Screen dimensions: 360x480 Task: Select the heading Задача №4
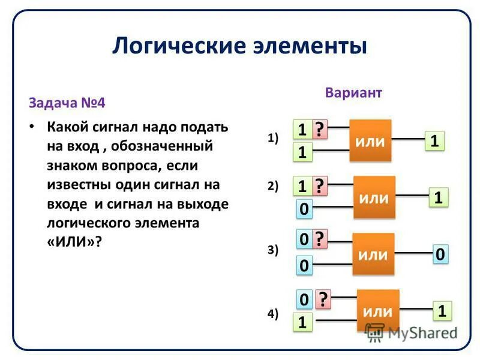67,102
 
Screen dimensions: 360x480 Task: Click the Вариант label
353,93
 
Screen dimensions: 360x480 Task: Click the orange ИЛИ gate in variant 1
370,140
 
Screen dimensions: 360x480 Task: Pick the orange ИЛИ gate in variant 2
374,198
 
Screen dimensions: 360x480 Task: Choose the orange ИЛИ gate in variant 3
373,254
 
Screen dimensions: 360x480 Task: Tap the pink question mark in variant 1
320,130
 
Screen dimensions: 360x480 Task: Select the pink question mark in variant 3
320,240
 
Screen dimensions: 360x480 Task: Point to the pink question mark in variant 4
323,299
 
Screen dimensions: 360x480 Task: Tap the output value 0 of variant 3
440,254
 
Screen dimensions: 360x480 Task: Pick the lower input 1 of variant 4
303,323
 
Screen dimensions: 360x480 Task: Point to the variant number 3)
274,251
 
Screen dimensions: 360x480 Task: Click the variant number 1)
274,138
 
